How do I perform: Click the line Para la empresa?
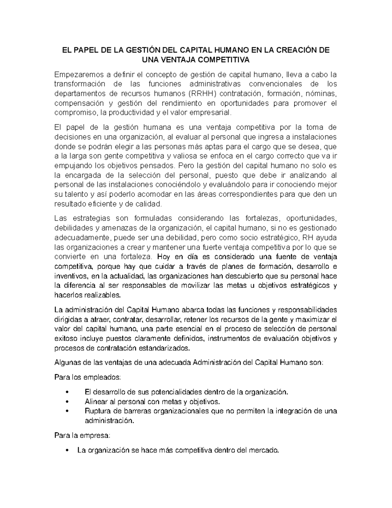coord(82,435)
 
